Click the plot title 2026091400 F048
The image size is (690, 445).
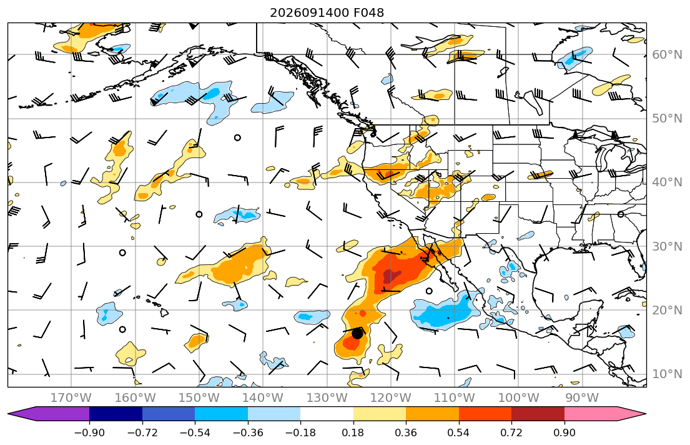coord(327,12)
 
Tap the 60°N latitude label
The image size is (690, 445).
coord(667,54)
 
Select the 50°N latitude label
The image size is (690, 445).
coord(667,119)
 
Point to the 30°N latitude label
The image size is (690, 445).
coord(667,246)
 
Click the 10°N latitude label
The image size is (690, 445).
coord(667,374)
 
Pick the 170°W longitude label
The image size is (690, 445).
coord(71,398)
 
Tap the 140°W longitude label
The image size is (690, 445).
coord(263,398)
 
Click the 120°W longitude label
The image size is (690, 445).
coord(390,398)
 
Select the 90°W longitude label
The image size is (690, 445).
coord(582,398)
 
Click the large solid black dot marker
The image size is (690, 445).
coord(357,334)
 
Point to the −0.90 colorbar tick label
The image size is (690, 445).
coord(89,432)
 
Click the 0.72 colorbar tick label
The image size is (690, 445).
coord(511,432)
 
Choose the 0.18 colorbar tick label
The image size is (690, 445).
coord(353,432)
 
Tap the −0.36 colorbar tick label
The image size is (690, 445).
coord(248,432)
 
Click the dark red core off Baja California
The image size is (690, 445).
coord(390,277)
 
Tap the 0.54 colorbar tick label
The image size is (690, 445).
coord(458,432)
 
